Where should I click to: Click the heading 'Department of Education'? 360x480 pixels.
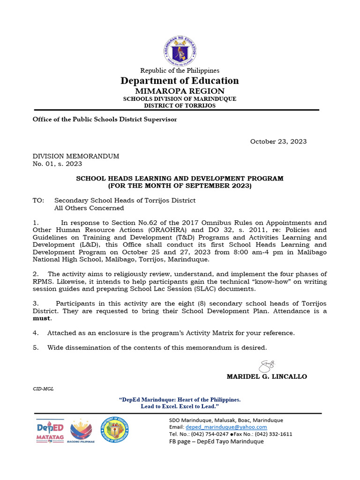pyautogui.click(x=180, y=81)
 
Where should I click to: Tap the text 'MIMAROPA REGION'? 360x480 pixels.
pyautogui.click(x=180, y=91)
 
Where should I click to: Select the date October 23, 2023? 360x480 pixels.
pyautogui.click(x=278, y=142)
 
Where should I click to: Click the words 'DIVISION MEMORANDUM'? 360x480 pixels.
pyautogui.click(x=75, y=156)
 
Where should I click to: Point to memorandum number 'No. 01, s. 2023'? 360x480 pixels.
pyautogui.click(x=57, y=164)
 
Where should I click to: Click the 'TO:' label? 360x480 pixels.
pyautogui.click(x=38, y=201)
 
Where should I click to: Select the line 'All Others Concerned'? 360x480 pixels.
pyautogui.click(x=89, y=208)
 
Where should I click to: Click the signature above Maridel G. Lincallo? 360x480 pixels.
pyautogui.click(x=265, y=365)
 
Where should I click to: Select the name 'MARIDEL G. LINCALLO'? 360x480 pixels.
pyautogui.click(x=267, y=376)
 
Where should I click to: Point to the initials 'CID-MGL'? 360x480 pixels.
pyautogui.click(x=43, y=389)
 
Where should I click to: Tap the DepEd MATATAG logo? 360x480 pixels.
pyautogui.click(x=50, y=431)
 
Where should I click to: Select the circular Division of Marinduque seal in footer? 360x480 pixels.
pyautogui.click(x=115, y=430)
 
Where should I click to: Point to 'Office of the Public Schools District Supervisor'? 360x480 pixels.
pyautogui.click(x=105, y=120)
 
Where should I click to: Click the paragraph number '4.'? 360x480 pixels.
pyautogui.click(x=36, y=333)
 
